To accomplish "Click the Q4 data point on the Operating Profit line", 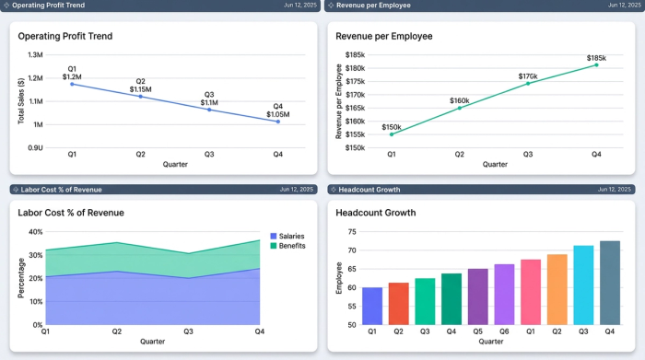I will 277,122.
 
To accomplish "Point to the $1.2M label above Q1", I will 72,76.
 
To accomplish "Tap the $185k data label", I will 596,58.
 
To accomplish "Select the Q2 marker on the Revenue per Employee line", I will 459,108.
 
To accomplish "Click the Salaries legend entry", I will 288,236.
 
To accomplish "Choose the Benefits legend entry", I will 288,246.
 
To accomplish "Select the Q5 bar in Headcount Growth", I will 477,296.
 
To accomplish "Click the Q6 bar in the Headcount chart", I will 504,295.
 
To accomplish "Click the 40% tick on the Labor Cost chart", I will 35,232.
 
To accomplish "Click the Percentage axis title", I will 23,277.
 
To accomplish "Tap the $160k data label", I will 459,100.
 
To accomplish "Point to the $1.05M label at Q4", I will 277,115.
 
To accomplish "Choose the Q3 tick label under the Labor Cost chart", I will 187,331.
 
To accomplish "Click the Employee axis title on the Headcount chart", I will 339,277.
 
